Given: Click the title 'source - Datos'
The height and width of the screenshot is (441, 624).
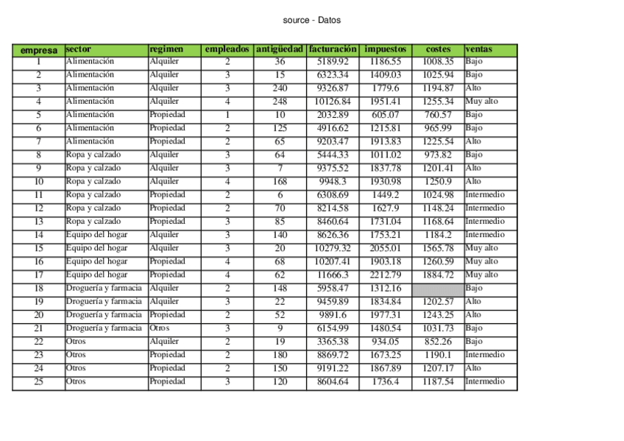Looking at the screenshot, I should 311,20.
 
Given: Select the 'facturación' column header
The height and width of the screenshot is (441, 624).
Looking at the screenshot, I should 333,49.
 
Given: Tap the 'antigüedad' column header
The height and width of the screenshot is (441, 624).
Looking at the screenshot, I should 280,49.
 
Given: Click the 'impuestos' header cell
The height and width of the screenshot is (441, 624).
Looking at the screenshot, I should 385,49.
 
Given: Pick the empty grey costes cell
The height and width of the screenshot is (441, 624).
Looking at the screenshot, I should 438,288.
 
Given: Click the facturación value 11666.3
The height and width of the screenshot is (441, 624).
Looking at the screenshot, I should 333,275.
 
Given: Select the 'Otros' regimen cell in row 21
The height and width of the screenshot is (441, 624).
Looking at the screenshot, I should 159,328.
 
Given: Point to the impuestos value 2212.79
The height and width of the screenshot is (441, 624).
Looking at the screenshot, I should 385,275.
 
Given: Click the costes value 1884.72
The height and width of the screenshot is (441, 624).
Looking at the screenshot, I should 438,275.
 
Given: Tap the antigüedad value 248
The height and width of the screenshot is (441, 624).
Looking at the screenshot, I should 280,102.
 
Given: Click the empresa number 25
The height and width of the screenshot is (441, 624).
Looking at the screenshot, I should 38,381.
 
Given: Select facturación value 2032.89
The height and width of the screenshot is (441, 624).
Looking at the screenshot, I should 333,115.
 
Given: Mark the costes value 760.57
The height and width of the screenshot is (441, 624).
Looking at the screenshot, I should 438,115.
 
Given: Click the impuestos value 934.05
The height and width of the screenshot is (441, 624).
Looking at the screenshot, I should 385,342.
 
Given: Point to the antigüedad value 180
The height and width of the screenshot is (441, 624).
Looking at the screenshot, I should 280,355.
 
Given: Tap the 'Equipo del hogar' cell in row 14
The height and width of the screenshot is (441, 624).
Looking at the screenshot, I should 96,235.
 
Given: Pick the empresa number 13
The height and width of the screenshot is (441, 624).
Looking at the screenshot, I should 38,222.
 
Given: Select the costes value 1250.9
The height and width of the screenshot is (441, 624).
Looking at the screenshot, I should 438,182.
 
